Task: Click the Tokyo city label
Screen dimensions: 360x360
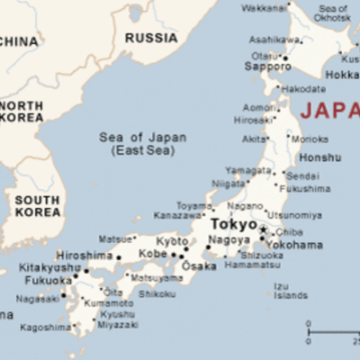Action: tap(232, 223)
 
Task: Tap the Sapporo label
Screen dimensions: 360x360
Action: tap(267, 67)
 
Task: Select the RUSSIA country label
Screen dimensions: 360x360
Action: tap(150, 38)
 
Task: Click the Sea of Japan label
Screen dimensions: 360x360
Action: tap(143, 143)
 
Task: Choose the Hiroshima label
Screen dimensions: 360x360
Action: tap(85, 256)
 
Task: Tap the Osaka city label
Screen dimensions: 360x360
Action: tap(199, 266)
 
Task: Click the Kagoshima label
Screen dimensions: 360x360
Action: tap(46, 328)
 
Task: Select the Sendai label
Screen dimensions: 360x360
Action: tap(301, 176)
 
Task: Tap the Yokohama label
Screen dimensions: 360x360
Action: tap(293, 245)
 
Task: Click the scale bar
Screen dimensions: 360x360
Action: tap(333, 326)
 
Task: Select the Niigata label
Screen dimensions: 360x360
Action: tap(227, 184)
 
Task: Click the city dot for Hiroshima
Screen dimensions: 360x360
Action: tap(118, 257)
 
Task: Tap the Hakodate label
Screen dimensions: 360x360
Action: tap(303, 90)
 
